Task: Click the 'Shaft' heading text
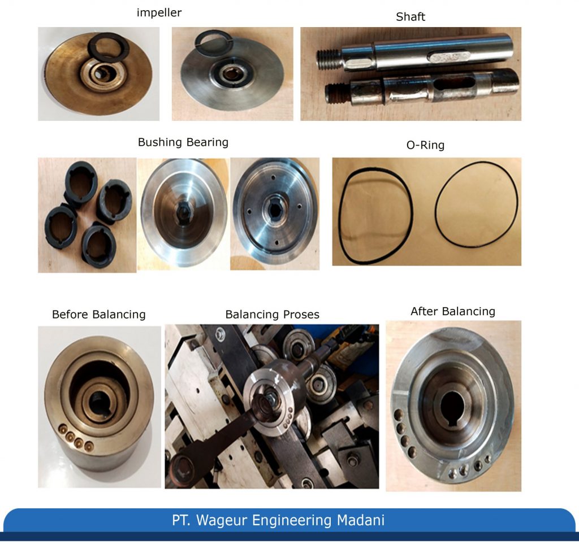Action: click(x=411, y=16)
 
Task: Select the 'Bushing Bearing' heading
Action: click(x=183, y=142)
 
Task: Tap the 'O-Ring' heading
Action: click(x=426, y=145)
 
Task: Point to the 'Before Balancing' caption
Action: click(x=98, y=315)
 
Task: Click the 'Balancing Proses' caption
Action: click(x=272, y=315)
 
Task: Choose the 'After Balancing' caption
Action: click(x=452, y=311)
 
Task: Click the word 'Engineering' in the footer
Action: click(x=289, y=520)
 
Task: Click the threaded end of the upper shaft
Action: click(x=329, y=58)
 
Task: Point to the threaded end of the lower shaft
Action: click(x=337, y=93)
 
